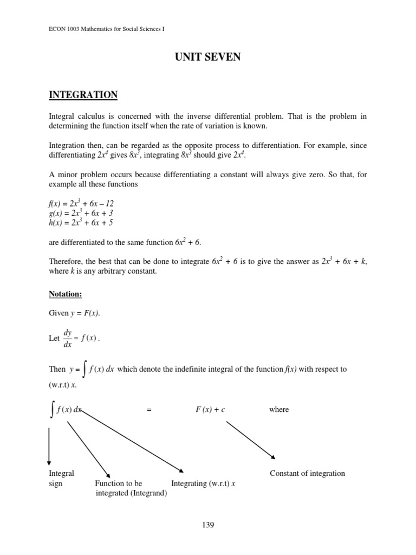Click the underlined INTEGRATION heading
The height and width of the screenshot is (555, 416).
click(x=83, y=95)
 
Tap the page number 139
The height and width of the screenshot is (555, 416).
click(x=208, y=524)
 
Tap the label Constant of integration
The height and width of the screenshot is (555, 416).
click(x=307, y=473)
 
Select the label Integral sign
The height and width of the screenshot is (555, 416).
click(x=61, y=478)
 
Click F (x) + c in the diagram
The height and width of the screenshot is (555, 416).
click(x=210, y=410)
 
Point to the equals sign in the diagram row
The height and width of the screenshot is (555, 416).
click(x=148, y=410)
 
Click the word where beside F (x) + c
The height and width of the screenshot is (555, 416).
click(x=279, y=410)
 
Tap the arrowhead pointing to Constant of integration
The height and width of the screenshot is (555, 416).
click(x=273, y=456)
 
